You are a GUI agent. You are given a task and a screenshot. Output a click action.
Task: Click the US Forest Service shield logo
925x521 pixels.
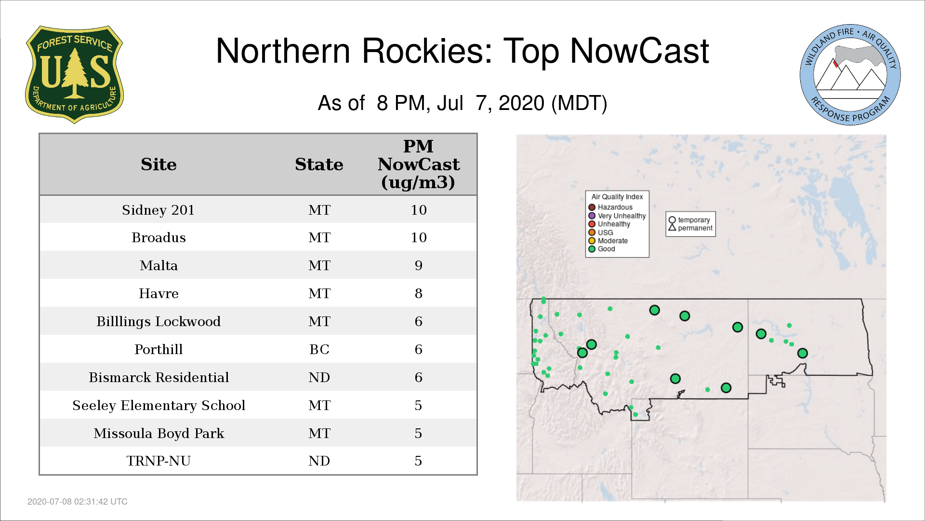coord(74,74)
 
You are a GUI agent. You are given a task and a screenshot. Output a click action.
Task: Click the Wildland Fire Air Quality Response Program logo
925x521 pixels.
coord(850,75)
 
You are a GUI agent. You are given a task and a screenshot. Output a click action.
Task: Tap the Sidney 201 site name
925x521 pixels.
coord(158,210)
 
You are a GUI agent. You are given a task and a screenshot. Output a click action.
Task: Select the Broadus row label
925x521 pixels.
coord(159,237)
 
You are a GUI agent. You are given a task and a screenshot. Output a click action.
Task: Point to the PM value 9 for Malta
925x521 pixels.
coord(418,265)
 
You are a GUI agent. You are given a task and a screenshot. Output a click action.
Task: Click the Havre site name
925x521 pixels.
coord(159,293)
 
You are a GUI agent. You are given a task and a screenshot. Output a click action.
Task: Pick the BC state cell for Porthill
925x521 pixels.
coord(319,349)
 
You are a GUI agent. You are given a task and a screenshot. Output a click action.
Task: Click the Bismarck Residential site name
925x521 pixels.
coord(159,377)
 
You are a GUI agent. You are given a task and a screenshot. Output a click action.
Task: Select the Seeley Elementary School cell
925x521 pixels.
coord(159,405)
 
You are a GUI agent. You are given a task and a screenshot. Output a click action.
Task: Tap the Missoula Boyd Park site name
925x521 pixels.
coord(159,433)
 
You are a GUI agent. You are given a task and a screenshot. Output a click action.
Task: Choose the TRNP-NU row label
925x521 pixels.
coord(159,461)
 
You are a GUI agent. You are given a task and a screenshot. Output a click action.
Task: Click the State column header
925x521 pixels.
coord(319,165)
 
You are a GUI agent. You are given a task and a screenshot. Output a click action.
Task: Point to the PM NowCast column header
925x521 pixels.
coord(418,164)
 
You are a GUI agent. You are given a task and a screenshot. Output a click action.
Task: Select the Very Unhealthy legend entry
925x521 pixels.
coord(617,216)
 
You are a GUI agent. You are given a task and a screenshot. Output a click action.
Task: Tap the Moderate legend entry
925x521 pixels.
coord(608,241)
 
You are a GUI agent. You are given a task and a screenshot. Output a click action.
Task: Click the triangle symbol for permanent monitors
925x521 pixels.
coord(672,227)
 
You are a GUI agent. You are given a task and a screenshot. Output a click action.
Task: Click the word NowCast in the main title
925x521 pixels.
coord(639,51)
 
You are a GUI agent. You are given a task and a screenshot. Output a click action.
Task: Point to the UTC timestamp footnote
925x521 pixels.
coord(78,502)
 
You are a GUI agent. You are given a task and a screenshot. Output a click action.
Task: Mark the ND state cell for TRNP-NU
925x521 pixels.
coord(319,461)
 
